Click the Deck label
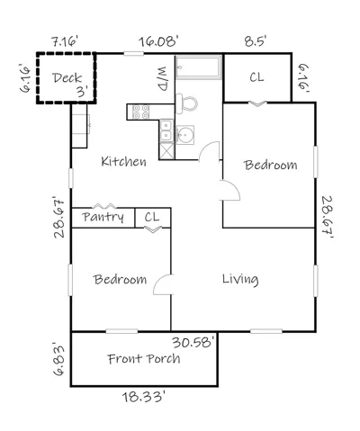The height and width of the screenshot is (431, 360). click(67, 78)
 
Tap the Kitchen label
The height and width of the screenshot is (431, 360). click(123, 161)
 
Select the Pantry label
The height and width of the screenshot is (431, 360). click(103, 217)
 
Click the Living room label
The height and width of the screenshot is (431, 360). click(240, 279)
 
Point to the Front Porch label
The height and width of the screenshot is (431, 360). click(144, 359)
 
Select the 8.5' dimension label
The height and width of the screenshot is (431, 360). click(256, 40)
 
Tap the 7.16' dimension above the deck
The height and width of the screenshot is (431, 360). click(65, 41)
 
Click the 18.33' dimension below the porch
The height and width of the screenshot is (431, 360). click(143, 397)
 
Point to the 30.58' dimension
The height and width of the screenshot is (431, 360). click(193, 342)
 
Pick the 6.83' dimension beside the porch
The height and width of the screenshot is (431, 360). click(58, 359)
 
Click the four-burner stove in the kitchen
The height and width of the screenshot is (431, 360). click(141, 112)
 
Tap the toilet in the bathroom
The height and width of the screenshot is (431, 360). click(186, 103)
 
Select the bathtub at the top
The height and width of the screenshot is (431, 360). click(199, 67)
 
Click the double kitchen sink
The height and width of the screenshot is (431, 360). click(166, 130)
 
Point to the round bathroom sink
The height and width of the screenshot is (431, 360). click(184, 135)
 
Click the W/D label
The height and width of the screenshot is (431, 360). click(162, 79)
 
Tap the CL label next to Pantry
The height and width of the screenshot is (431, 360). click(152, 217)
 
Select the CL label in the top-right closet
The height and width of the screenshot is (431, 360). click(256, 77)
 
